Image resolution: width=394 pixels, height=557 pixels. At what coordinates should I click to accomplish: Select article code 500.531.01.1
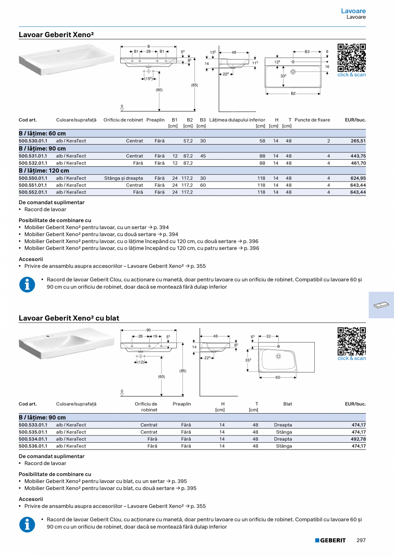point(33,156)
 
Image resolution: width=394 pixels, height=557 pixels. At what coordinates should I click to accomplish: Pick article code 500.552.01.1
point(33,192)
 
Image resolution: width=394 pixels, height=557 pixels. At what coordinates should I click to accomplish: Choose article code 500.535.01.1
point(33,432)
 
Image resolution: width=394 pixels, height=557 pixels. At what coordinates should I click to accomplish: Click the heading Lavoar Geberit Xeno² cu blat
point(69,318)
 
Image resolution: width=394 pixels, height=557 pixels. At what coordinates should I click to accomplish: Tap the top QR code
point(352,57)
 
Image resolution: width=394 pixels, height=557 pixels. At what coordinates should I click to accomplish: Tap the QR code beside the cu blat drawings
point(352,341)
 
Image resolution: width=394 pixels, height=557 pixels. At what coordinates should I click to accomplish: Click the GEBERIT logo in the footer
point(330,540)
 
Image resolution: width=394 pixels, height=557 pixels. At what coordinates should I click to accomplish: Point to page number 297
point(361,540)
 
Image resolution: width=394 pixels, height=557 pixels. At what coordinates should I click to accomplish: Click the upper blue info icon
point(27,285)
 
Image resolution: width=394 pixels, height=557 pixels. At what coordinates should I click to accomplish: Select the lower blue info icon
point(27,524)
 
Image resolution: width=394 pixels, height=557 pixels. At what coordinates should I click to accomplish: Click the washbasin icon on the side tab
point(381,305)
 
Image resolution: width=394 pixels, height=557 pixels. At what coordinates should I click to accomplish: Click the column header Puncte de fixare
point(312,120)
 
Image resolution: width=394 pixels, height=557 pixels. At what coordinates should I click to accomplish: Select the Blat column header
point(287,404)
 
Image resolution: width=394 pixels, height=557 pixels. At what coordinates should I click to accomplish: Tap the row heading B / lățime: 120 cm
point(44,171)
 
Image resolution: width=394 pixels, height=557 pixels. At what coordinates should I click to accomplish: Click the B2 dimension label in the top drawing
point(293,93)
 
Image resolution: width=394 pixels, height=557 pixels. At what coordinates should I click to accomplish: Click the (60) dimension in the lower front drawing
point(161,376)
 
